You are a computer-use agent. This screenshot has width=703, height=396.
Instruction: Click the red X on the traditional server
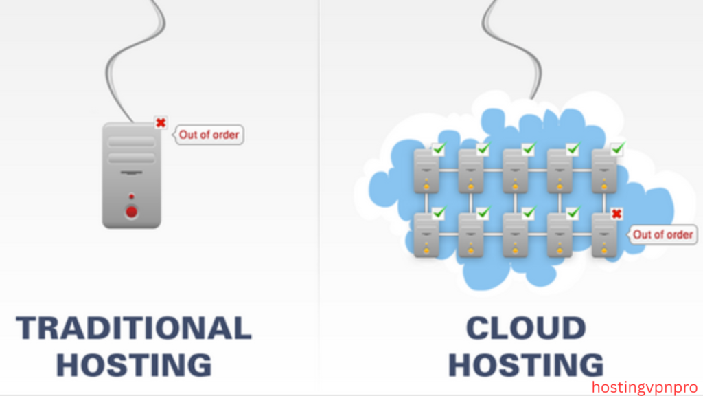click(x=161, y=123)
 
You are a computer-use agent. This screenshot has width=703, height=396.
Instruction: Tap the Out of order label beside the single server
click(x=209, y=135)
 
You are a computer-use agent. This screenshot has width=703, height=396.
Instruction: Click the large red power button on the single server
click(x=131, y=212)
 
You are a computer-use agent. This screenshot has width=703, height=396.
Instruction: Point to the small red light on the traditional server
click(x=131, y=197)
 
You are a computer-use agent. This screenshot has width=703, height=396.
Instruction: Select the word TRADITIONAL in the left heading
click(x=133, y=328)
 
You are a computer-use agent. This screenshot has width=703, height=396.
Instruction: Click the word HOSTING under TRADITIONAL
click(x=133, y=365)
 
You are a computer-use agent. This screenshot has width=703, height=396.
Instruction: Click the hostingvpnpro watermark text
click(x=643, y=386)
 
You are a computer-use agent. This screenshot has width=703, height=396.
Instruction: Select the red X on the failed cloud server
click(x=616, y=214)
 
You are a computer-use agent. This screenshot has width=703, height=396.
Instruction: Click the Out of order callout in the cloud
click(x=662, y=234)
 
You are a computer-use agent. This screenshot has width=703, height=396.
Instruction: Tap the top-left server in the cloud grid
click(x=426, y=171)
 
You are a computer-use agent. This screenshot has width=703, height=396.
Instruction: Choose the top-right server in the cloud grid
click(x=604, y=171)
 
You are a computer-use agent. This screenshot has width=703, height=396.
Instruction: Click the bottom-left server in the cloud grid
click(x=426, y=235)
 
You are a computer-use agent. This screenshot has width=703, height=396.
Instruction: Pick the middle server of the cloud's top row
click(x=516, y=171)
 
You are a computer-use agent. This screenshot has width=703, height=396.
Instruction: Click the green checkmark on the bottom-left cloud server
click(x=439, y=212)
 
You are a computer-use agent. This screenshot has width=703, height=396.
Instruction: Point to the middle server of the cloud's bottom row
click(x=516, y=235)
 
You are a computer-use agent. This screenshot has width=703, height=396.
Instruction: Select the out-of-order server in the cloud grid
click(x=604, y=235)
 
